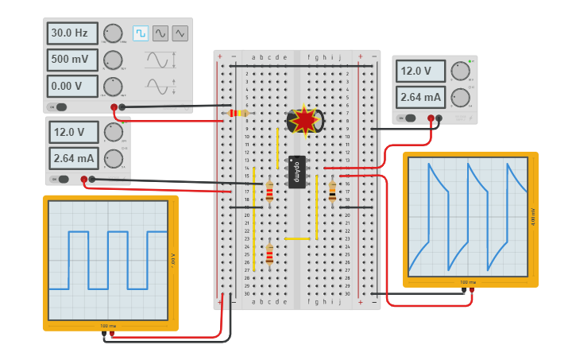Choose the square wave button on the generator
pyautogui.click(x=141, y=33)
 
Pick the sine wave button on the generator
pyautogui.click(x=160, y=33)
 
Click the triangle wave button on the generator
pyautogui.click(x=180, y=33)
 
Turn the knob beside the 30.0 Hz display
pyautogui.click(x=113, y=33)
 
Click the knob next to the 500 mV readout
pyautogui.click(x=113, y=60)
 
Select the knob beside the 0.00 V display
pyautogui.click(x=113, y=86)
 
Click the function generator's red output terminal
pyautogui.click(x=114, y=106)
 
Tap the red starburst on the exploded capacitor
pyautogui.click(x=304, y=121)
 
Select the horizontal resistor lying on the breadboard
pyautogui.click(x=238, y=113)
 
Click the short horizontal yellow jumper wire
pyautogui.click(x=296, y=238)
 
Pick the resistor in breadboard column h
pyautogui.click(x=332, y=192)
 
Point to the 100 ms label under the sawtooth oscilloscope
pyautogui.click(x=468, y=282)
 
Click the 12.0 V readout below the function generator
pyautogui.click(x=74, y=132)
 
